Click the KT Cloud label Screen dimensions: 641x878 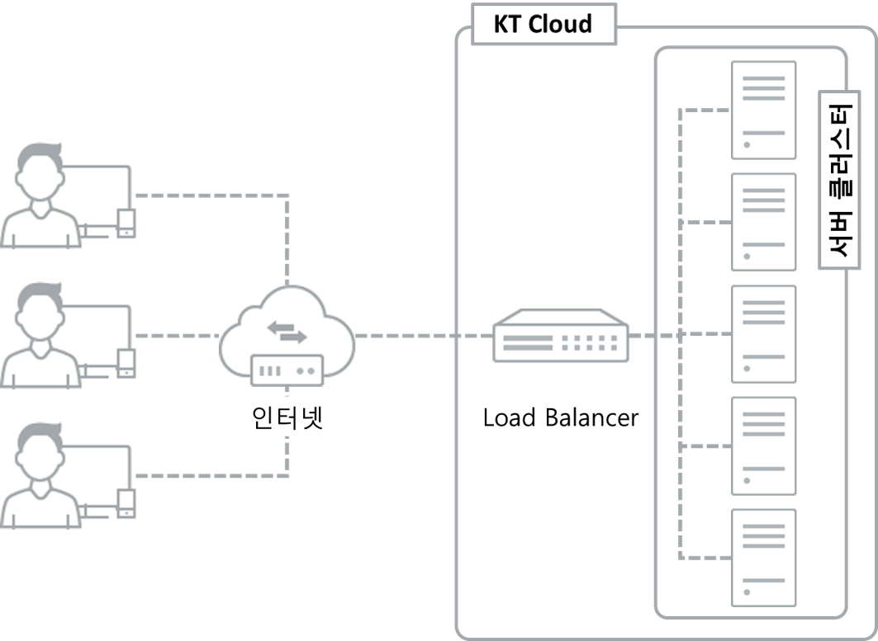click(543, 24)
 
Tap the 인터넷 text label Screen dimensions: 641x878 click(287, 417)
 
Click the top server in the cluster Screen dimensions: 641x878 click(763, 110)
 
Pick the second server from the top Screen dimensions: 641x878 click(763, 222)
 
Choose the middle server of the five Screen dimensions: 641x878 click(763, 334)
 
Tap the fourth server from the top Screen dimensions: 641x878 click(763, 445)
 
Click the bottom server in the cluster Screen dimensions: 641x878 click(763, 558)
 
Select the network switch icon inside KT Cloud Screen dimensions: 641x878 click(560, 336)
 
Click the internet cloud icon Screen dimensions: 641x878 click(287, 330)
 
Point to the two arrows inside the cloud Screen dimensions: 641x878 click(287, 331)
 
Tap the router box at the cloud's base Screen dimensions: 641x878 click(287, 369)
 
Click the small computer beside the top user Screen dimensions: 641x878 click(125, 223)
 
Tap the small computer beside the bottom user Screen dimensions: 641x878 click(125, 502)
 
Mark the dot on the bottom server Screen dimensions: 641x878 click(746, 592)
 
